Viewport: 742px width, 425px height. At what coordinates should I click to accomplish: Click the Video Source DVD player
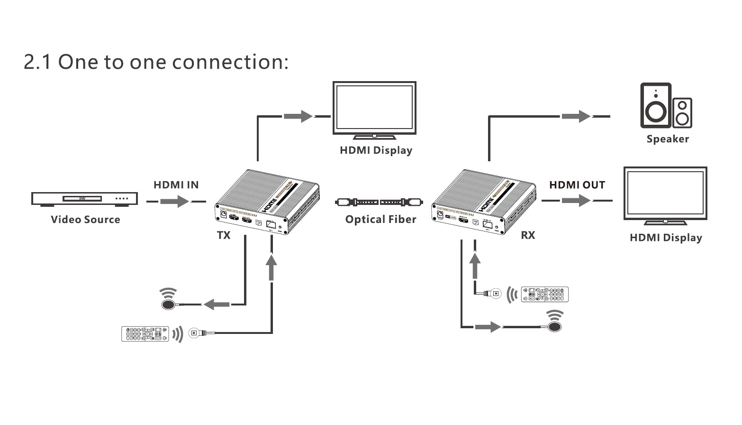point(84,199)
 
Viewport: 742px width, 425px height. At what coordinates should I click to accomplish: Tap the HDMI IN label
point(176,185)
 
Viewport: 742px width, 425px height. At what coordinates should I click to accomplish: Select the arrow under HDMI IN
point(175,202)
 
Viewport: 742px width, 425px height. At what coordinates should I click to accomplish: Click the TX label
point(224,235)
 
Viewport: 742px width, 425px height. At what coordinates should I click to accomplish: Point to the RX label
point(528,235)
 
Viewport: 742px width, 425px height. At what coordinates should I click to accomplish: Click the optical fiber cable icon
point(379,202)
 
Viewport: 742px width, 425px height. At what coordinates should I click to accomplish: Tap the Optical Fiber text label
point(380,219)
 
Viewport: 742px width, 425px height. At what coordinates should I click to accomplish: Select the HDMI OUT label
point(577,185)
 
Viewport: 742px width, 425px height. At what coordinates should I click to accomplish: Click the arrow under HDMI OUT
point(576,201)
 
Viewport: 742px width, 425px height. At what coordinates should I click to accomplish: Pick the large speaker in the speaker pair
point(656,106)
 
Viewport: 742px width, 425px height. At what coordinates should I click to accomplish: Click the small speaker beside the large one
point(682,113)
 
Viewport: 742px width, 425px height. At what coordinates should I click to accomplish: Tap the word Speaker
point(668,139)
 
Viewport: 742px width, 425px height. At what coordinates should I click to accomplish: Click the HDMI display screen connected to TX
point(374,108)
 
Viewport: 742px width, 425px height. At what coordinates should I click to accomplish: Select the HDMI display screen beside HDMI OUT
point(665,194)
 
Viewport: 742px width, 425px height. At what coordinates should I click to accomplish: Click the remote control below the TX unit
point(145,333)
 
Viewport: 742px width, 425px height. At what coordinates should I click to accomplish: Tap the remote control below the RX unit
point(544,294)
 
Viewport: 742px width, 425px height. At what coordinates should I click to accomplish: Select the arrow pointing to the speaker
point(576,116)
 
